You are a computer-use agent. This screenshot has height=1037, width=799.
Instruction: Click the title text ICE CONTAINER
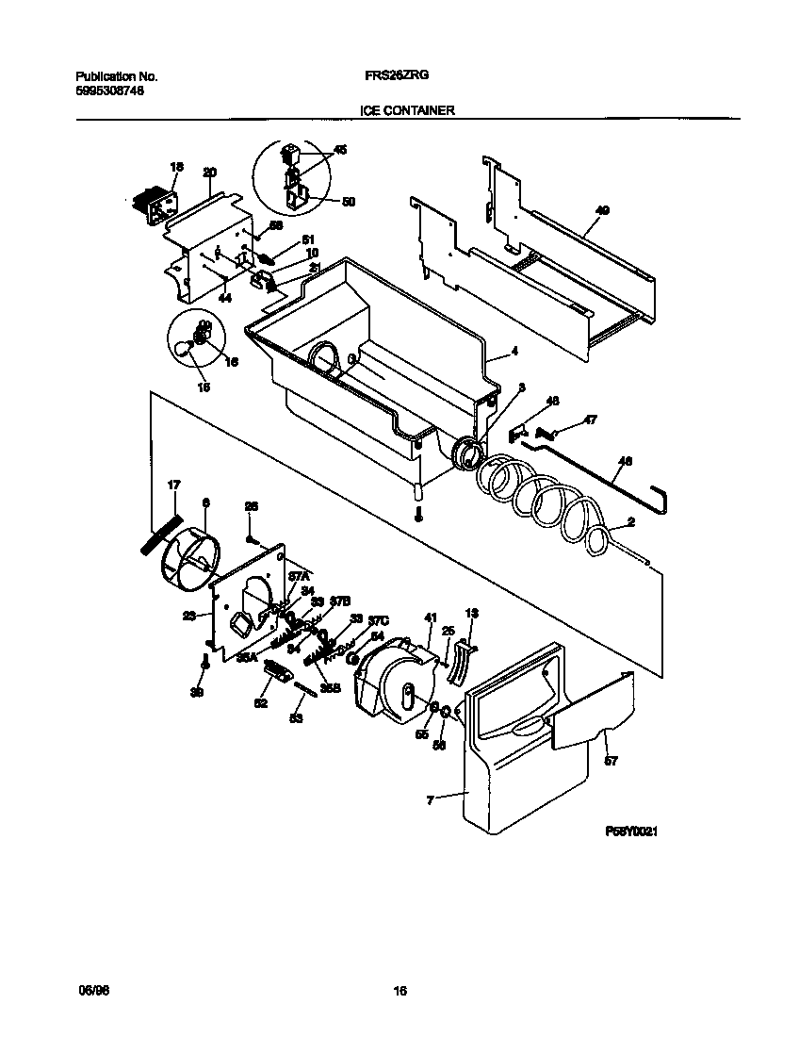(x=407, y=110)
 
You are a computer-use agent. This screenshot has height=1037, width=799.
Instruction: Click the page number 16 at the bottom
(x=399, y=991)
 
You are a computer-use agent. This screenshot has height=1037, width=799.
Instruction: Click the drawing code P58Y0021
(x=630, y=832)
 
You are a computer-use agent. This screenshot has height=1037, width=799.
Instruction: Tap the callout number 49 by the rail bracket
(x=602, y=211)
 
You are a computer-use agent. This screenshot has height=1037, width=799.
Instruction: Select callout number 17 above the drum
(x=173, y=486)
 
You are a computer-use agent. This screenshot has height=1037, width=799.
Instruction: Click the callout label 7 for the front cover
(x=431, y=799)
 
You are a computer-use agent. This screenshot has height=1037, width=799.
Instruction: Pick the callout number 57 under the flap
(x=611, y=761)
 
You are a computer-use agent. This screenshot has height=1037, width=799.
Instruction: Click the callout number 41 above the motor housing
(x=431, y=617)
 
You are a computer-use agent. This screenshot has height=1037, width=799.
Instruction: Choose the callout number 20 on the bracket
(x=209, y=172)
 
